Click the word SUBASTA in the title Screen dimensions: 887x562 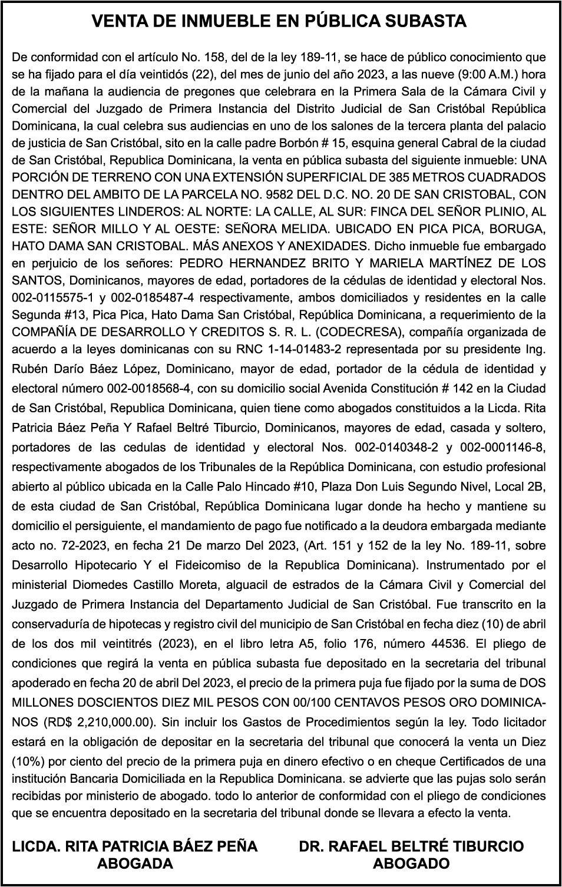(x=425, y=22)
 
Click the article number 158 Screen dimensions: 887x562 (x=214, y=58)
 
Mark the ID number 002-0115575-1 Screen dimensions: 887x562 (x=51, y=298)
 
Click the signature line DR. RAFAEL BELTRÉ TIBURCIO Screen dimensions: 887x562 (x=411, y=846)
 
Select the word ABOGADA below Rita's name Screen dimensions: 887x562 (x=135, y=864)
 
